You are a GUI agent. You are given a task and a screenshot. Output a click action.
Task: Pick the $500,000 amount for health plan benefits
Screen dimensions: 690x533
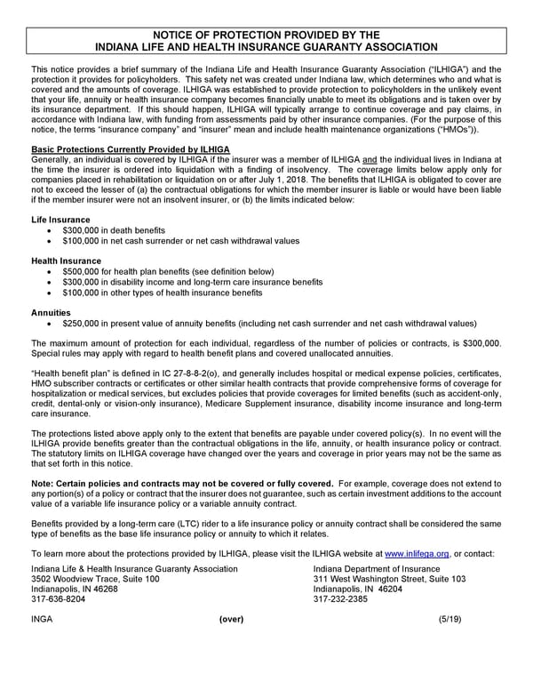(x=83, y=271)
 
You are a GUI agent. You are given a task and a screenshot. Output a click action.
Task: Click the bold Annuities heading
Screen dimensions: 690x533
(x=51, y=313)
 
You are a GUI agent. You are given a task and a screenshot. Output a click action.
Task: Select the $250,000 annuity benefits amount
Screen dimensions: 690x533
(x=83, y=324)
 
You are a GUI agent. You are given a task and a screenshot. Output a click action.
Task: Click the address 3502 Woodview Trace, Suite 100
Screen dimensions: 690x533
(x=95, y=579)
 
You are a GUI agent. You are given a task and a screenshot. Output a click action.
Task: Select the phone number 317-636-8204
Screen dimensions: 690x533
(x=58, y=600)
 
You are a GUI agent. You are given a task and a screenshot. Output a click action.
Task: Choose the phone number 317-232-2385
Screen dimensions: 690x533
(x=341, y=600)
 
